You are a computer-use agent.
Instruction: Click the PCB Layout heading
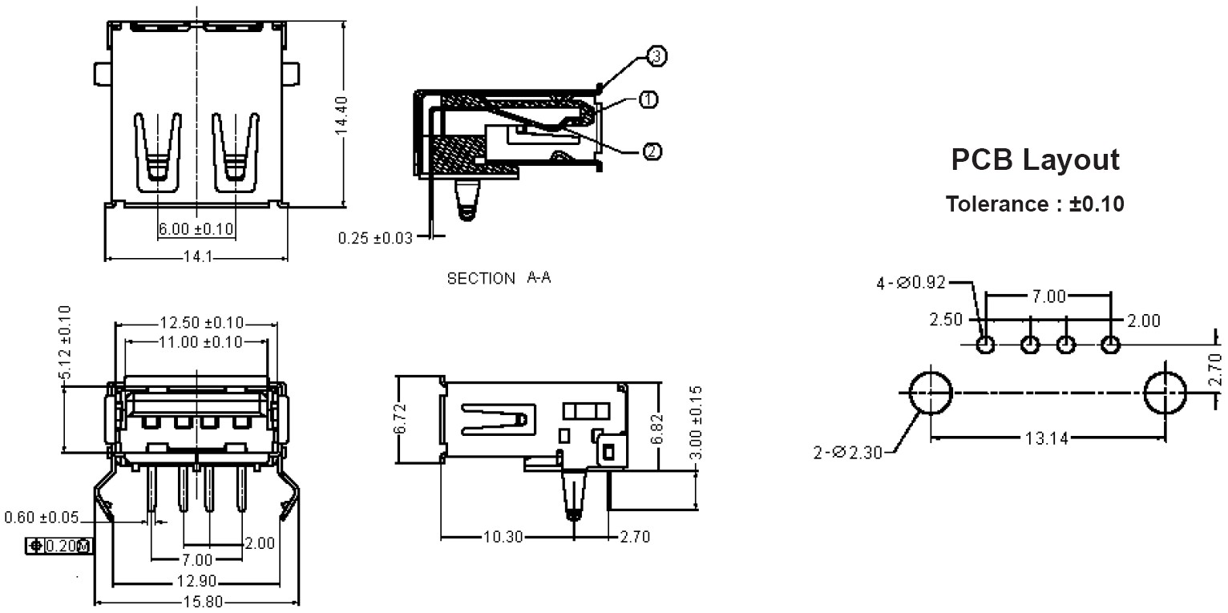pos(1035,160)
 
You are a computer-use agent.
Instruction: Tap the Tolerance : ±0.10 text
pos(1035,204)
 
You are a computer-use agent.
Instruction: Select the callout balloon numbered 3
pos(656,56)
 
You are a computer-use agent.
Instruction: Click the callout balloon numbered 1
pos(648,99)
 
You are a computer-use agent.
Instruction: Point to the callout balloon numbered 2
pos(652,151)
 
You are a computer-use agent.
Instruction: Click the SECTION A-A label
pos(499,278)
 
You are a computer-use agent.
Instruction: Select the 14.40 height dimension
pos(341,115)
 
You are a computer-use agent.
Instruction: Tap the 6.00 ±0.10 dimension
pos(196,228)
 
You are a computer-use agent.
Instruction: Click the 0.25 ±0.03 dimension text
pos(375,238)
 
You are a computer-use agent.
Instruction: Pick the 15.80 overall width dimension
pos(203,602)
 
